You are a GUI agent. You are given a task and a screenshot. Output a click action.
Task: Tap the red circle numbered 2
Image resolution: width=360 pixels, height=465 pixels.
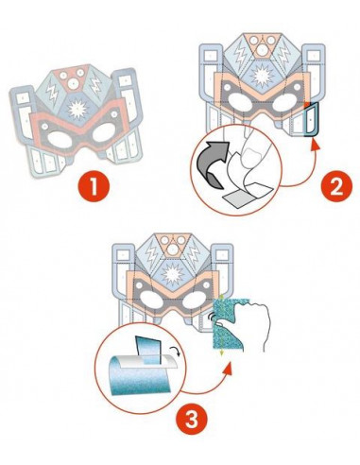pyautogui.click(x=336, y=188)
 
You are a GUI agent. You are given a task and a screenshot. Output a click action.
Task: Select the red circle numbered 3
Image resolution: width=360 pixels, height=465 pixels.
pyautogui.click(x=191, y=419)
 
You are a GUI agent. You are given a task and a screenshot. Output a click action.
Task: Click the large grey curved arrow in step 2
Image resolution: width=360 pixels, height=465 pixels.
pyautogui.click(x=211, y=163)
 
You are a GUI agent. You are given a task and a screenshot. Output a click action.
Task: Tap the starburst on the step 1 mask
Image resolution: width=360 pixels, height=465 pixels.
pyautogui.click(x=77, y=109)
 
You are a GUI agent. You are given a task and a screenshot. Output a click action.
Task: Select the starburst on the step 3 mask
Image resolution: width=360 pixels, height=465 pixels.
pyautogui.click(x=172, y=273)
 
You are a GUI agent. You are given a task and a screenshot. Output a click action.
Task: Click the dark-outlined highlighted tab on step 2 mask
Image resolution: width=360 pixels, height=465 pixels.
pyautogui.click(x=311, y=120)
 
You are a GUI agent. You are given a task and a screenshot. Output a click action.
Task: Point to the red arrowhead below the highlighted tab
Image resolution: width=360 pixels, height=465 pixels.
pyautogui.click(x=315, y=145)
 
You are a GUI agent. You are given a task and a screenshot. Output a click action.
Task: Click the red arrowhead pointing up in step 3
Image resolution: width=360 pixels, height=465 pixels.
pyautogui.click(x=229, y=368)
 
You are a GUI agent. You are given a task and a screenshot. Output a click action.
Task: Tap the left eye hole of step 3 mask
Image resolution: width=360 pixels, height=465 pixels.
pyautogui.click(x=151, y=300)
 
